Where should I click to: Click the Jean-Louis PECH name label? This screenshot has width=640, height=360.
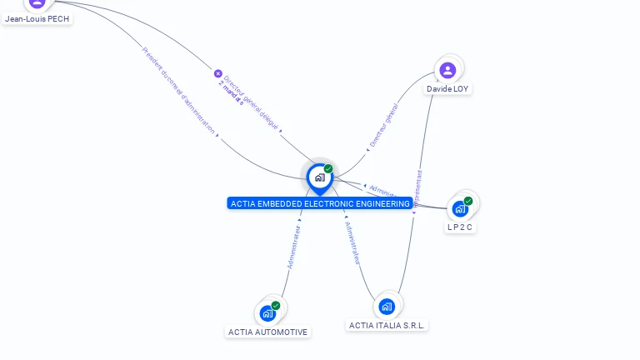coord(37,18)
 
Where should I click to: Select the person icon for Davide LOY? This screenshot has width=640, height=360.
coord(447,70)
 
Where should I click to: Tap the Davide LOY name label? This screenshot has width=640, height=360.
coord(447,88)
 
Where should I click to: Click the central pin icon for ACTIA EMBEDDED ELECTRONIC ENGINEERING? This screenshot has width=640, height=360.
coord(319,177)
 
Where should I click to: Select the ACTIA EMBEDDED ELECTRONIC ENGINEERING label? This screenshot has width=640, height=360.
coord(320,203)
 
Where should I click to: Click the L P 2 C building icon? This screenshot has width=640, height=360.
coord(460,209)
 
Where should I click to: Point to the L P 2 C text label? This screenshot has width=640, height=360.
coord(460,227)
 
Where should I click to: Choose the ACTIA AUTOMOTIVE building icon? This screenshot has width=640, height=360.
coord(267,314)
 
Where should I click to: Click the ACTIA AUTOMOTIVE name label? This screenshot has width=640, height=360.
coord(267,332)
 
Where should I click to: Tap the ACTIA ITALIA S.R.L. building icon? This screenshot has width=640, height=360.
coord(387,307)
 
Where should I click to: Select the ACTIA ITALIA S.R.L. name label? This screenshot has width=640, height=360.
coord(387,325)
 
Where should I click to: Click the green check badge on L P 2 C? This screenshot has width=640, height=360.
coord(468,201)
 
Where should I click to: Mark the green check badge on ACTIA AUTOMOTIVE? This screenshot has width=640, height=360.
coord(276,306)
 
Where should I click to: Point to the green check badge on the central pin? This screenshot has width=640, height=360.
coord(328,168)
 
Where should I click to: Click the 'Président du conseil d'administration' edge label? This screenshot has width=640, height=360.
coord(179,91)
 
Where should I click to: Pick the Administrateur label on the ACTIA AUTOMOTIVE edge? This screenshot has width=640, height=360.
coord(293,246)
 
